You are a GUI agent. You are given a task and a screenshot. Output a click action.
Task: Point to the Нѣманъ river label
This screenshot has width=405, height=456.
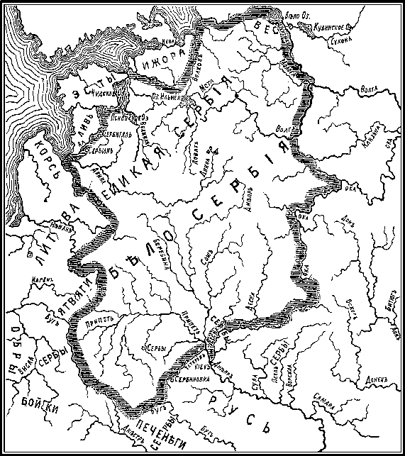[x=62, y=228]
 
